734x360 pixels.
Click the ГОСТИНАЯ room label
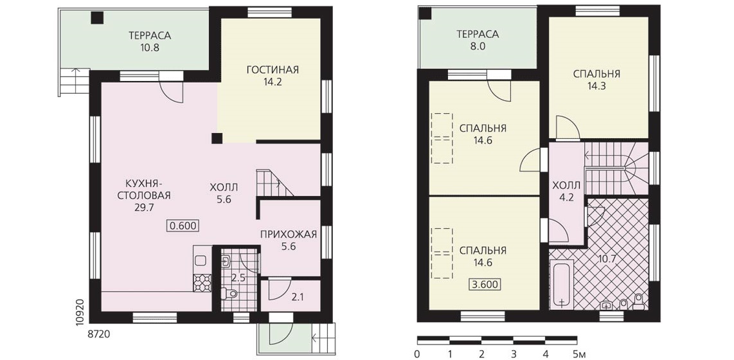coord(272,70)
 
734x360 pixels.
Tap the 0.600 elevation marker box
coord(184,226)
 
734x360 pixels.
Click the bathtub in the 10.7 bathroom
coord(561,286)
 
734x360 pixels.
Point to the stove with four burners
coord(202,283)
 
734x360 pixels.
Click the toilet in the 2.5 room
coord(229,294)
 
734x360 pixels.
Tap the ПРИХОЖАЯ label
coord(289,234)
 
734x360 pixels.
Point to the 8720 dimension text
coord(99,335)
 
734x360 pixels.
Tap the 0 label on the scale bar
coord(417,353)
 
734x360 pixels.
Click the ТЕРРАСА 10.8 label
coord(150,41)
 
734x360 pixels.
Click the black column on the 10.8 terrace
coord(97,17)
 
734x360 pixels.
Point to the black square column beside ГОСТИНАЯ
coord(216,138)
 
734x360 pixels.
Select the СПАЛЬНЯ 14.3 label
coord(596,80)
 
